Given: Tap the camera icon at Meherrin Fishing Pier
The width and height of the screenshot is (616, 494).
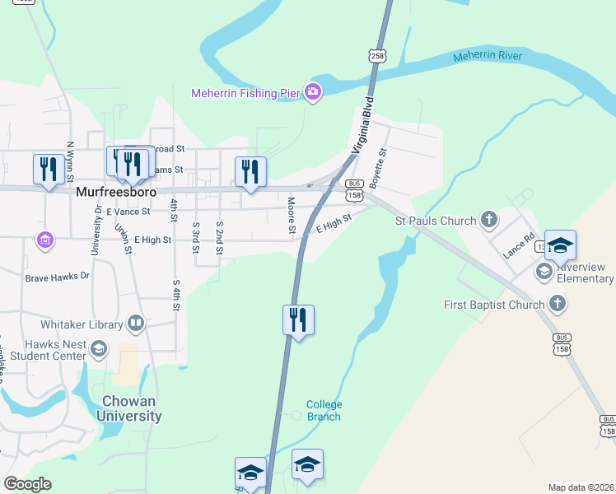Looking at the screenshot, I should [312, 91].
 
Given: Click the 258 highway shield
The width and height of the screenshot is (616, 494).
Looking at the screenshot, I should [377, 55].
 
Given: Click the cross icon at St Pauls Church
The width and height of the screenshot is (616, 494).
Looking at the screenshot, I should [489, 220].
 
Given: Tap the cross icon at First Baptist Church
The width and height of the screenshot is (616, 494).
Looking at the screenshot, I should [558, 305].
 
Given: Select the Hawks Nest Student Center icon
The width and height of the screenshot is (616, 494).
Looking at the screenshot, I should [99, 349].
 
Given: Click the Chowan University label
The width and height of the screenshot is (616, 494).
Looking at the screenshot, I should [128, 408].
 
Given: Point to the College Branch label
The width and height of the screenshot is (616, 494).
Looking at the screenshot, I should [324, 410].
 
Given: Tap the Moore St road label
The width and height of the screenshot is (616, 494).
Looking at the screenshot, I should [292, 215].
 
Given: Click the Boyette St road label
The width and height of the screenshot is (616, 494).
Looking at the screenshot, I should [379, 165].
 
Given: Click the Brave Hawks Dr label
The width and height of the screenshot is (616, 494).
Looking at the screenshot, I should [57, 277].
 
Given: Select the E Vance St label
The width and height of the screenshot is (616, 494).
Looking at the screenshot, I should [128, 212].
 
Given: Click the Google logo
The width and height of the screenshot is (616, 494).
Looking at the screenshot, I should [27, 484].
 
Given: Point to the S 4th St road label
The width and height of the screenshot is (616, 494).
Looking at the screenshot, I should [175, 295].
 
